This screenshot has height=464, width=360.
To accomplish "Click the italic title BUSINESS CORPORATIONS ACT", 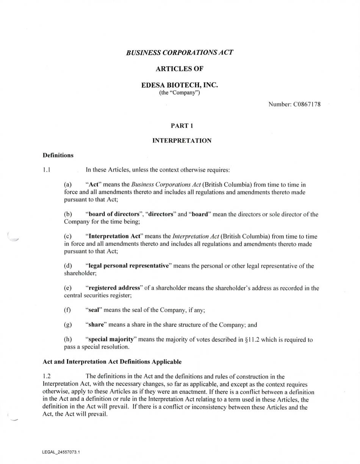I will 180,52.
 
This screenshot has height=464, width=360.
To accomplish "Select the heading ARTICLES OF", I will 180,69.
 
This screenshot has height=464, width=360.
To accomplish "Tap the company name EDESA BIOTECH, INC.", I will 180,85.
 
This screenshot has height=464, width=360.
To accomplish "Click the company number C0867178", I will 307,104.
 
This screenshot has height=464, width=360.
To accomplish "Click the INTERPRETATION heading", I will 182,141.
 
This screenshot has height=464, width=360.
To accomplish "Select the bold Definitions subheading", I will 58,155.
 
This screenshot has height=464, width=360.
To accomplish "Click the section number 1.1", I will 47,170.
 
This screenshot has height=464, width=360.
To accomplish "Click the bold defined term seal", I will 94,310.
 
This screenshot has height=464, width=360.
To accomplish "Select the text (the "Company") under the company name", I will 180,93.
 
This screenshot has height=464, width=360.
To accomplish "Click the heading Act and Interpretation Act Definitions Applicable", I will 112,362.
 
